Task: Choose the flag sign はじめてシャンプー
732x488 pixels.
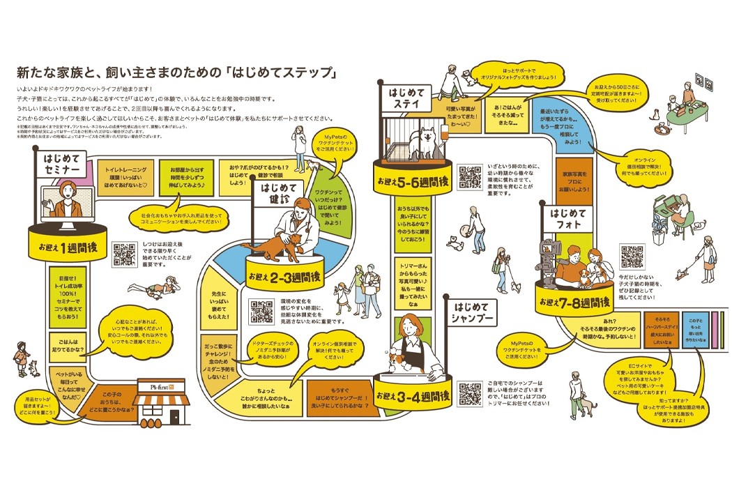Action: coord(474,312)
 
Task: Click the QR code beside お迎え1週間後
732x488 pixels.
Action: coord(124,254)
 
